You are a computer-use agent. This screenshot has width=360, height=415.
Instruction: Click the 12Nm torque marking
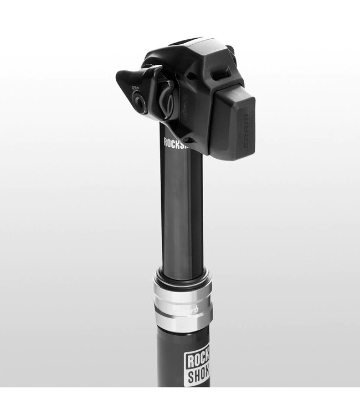pos(135,89)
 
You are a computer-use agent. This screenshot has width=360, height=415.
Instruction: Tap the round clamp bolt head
pos(139,103)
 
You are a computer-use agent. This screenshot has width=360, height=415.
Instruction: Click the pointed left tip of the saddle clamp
pos(119,77)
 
